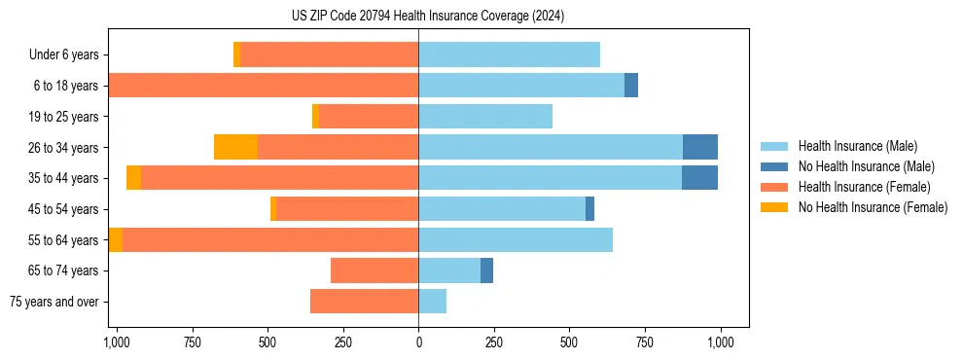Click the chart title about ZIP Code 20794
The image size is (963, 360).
[427, 16]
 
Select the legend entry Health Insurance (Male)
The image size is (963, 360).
[857, 146]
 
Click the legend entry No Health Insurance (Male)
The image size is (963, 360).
[866, 166]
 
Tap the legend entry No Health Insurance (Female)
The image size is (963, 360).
[873, 207]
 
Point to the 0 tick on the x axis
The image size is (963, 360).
[418, 343]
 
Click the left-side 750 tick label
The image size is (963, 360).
[192, 343]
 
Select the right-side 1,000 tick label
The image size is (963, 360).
[720, 343]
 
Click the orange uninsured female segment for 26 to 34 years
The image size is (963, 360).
[235, 147]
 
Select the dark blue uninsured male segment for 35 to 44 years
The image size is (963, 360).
[699, 178]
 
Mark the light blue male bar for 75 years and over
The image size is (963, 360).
[433, 302]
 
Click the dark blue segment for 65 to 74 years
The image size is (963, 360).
[486, 270]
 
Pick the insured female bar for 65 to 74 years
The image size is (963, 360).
[374, 270]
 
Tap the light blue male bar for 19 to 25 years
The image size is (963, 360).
[485, 117]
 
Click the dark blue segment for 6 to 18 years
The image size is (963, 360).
[631, 86]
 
